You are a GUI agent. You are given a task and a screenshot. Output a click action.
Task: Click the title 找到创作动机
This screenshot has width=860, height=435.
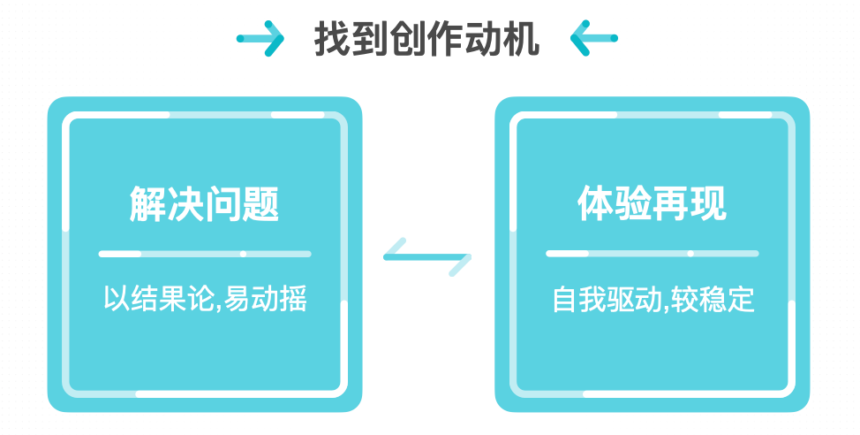pyautogui.click(x=427, y=39)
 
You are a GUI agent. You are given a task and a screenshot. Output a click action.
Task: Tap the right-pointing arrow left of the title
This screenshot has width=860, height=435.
pyautogui.click(x=260, y=39)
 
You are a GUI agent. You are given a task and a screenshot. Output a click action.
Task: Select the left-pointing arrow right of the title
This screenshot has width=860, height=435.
pyautogui.click(x=593, y=39)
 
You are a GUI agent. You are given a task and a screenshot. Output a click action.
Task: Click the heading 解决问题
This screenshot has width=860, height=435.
pyautogui.click(x=205, y=204)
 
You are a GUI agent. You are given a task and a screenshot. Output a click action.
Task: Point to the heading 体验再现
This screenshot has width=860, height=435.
pyautogui.click(x=653, y=204)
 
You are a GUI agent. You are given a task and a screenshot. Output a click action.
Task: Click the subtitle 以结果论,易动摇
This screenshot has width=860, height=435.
pyautogui.click(x=205, y=298)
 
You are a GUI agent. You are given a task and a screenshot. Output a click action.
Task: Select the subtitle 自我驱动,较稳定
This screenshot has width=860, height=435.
pyautogui.click(x=653, y=299)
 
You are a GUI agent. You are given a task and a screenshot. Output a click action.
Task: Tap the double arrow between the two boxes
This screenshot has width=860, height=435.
pyautogui.click(x=427, y=257)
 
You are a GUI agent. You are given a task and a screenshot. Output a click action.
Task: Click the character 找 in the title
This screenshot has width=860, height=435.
pyautogui.click(x=333, y=39)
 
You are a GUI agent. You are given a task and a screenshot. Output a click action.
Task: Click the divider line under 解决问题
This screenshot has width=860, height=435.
pyautogui.click(x=205, y=254)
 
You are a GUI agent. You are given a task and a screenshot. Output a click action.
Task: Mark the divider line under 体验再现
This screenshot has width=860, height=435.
pyautogui.click(x=653, y=254)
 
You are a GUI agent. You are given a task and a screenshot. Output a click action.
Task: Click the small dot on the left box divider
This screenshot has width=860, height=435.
pyautogui.click(x=243, y=254)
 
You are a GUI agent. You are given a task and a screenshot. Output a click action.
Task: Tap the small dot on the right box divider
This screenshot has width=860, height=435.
pyautogui.click(x=690, y=254)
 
